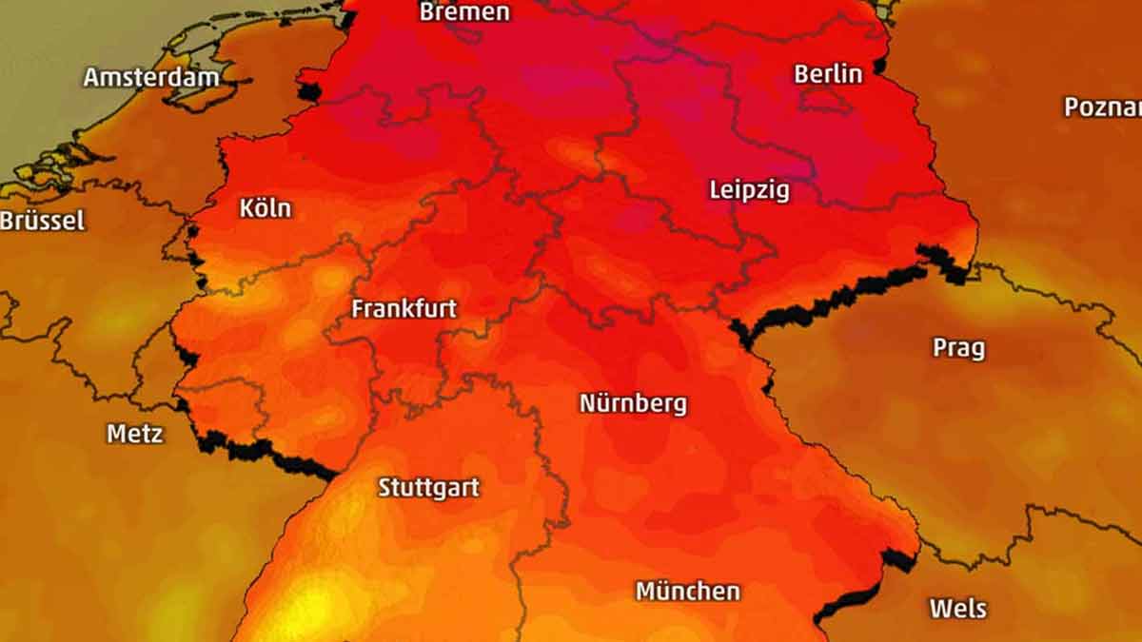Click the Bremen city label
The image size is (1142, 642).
pyautogui.click(x=464, y=12)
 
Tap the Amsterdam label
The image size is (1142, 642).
pyautogui.click(x=150, y=77)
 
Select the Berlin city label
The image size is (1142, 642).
pyautogui.click(x=828, y=73)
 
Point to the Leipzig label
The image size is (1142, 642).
pyautogui.click(x=749, y=190)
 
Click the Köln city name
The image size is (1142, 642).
pyautogui.click(x=266, y=208)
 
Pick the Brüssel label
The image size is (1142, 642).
pyautogui.click(x=43, y=221)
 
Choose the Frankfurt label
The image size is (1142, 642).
pyautogui.click(x=404, y=308)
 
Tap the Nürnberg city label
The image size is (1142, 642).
pyautogui.click(x=633, y=403)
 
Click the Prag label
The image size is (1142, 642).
pyautogui.click(x=958, y=347)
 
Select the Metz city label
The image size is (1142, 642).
pyautogui.click(x=134, y=434)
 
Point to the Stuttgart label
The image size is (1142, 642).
pyautogui.click(x=428, y=487)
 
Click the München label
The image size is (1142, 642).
pyautogui.click(x=687, y=591)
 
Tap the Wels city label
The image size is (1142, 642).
pyautogui.click(x=957, y=608)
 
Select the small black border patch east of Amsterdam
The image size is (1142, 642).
pyautogui.click(x=310, y=91)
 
